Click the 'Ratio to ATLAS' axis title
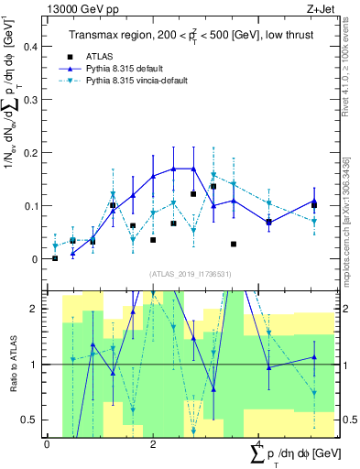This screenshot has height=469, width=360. coord(12,364)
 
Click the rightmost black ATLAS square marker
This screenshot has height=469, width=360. coord(314,205)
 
